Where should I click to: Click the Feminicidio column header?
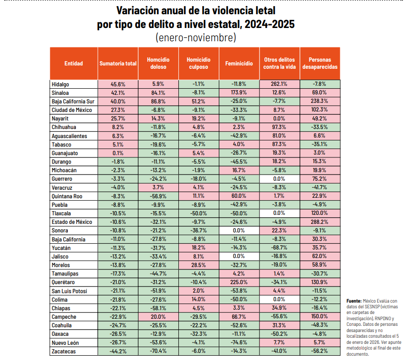[x=239, y=63]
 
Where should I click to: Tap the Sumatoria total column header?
[x=118, y=63]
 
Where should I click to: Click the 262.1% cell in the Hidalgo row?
[x=280, y=84]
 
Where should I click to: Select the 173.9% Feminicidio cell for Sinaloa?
[x=239, y=92]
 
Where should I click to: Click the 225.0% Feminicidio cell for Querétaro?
[x=239, y=282]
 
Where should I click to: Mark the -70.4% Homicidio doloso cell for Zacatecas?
[x=158, y=351]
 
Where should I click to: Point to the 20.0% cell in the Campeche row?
[x=158, y=316]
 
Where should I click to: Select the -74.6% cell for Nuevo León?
[x=239, y=342]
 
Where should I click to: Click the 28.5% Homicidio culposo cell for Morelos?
[x=198, y=265]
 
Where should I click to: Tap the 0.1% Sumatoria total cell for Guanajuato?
[x=118, y=153]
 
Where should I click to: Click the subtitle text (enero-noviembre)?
[x=195, y=37]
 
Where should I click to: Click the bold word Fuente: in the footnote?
[x=354, y=301]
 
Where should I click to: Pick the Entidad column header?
[x=73, y=63]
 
